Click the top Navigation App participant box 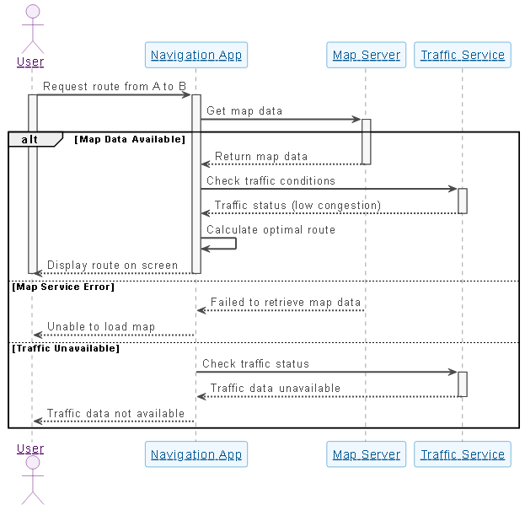click(196, 56)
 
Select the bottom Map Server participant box click(366, 454)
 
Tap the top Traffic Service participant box click(462, 56)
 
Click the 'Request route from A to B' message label click(114, 86)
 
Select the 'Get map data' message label click(244, 110)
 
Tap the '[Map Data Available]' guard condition click(129, 139)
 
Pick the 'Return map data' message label click(261, 156)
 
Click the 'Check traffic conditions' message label click(271, 180)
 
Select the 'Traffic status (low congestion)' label click(297, 205)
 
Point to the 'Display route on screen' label click(112, 265)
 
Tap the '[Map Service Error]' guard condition click(63, 287)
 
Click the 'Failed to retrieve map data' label click(285, 302)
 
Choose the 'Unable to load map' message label click(101, 326)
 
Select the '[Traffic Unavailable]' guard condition click(66, 347)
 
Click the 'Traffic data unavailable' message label click(276, 388)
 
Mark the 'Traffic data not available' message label click(115, 413)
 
